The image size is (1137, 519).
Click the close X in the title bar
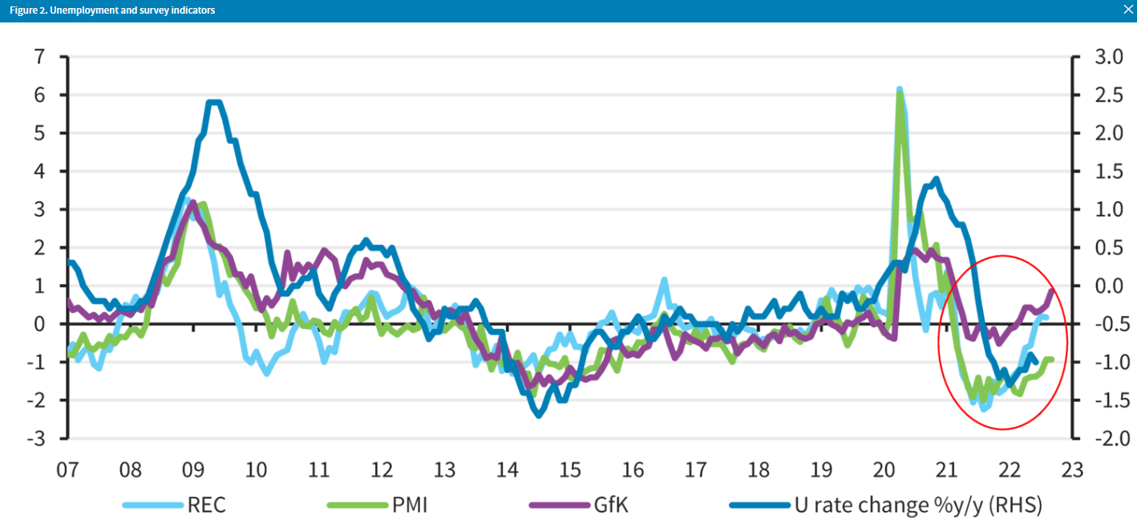(1128, 10)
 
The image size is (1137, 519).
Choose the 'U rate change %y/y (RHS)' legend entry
(917, 505)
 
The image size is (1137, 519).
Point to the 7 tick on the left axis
(38, 57)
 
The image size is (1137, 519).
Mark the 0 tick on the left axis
(38, 324)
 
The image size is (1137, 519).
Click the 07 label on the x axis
(68, 468)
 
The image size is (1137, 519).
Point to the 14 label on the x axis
(507, 468)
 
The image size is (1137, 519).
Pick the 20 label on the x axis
(883, 468)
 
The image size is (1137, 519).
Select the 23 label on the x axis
(1071, 468)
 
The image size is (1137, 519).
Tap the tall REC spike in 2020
(899, 90)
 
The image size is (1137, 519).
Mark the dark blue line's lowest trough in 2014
(538, 415)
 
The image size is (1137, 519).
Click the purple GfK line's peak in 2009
(192, 203)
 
